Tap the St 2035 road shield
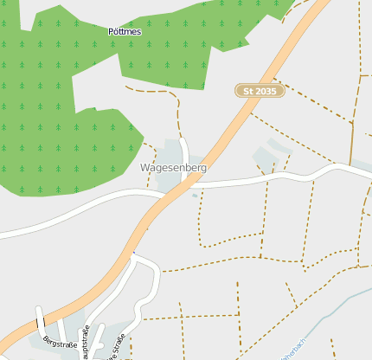pos(260,90)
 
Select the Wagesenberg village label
pos(173,167)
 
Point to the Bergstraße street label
pos(59,343)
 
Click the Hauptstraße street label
pos(85,343)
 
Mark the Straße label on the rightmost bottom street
pos(116,344)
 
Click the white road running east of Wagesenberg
pos(260,179)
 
